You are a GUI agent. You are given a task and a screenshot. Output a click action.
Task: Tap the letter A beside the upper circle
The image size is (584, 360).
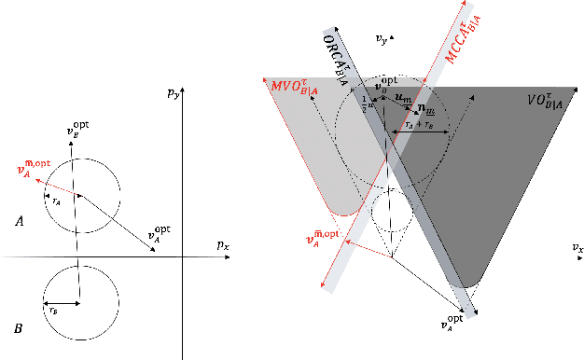pyautogui.click(x=20, y=220)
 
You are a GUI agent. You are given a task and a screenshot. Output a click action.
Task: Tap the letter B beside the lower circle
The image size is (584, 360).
pyautogui.click(x=20, y=328)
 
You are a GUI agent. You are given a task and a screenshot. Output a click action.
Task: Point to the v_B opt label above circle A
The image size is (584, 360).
pyautogui.click(x=78, y=132)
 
